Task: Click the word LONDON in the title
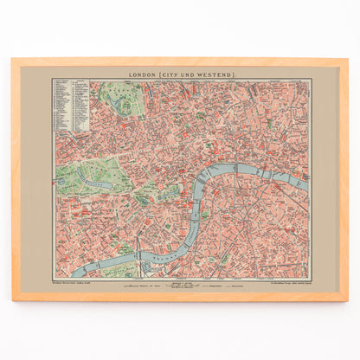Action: (141, 75)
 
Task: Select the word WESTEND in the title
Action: (210, 75)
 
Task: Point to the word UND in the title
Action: (187, 75)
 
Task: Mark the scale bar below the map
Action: (180, 283)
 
